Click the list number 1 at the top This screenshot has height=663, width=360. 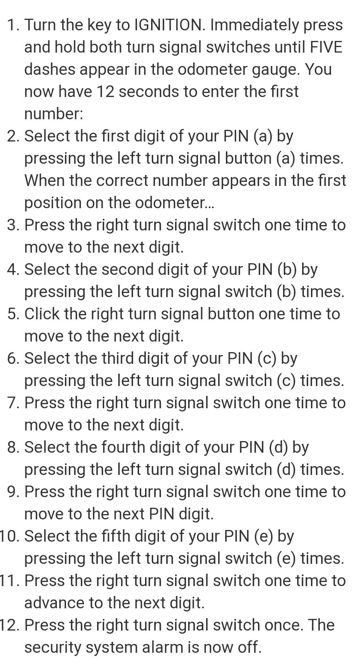(13, 25)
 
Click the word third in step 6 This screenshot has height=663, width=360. (118, 358)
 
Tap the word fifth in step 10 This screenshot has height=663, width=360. (118, 536)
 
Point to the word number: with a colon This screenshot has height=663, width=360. (54, 114)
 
